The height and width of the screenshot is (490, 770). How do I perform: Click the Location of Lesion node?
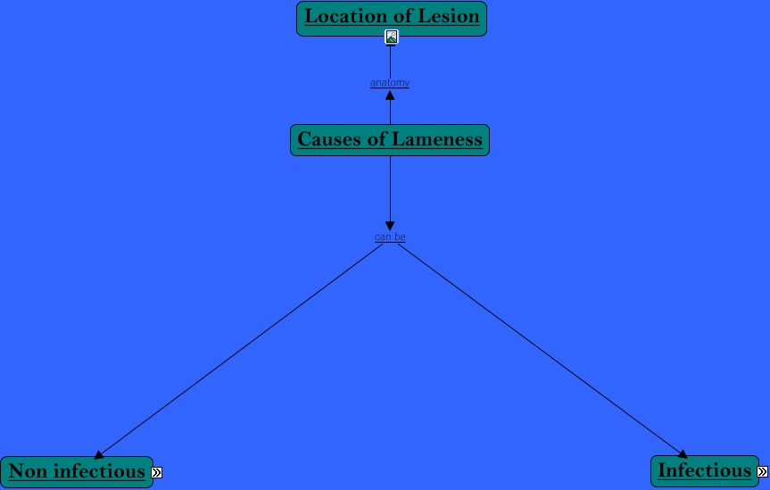392,18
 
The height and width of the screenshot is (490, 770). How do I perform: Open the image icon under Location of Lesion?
391,37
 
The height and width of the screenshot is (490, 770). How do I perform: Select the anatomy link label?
390,83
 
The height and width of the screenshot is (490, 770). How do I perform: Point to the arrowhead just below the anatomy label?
390,95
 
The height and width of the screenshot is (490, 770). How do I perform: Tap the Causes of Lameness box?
390,140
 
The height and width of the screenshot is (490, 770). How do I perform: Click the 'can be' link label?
390,237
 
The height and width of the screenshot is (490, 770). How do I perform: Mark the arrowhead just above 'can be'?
390,226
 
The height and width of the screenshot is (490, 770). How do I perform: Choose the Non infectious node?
77,471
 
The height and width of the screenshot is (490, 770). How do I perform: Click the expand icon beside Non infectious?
157,472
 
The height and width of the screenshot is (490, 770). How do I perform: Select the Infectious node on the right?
704,471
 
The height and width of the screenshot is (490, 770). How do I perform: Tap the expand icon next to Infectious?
762,472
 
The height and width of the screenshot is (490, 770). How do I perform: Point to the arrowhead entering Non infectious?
99,455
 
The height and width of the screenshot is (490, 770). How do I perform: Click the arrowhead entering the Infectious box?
683,454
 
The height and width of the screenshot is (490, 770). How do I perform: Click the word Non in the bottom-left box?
27,471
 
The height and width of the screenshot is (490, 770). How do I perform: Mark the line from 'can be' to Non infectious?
241,349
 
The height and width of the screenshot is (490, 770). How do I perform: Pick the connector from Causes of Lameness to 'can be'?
390,187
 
